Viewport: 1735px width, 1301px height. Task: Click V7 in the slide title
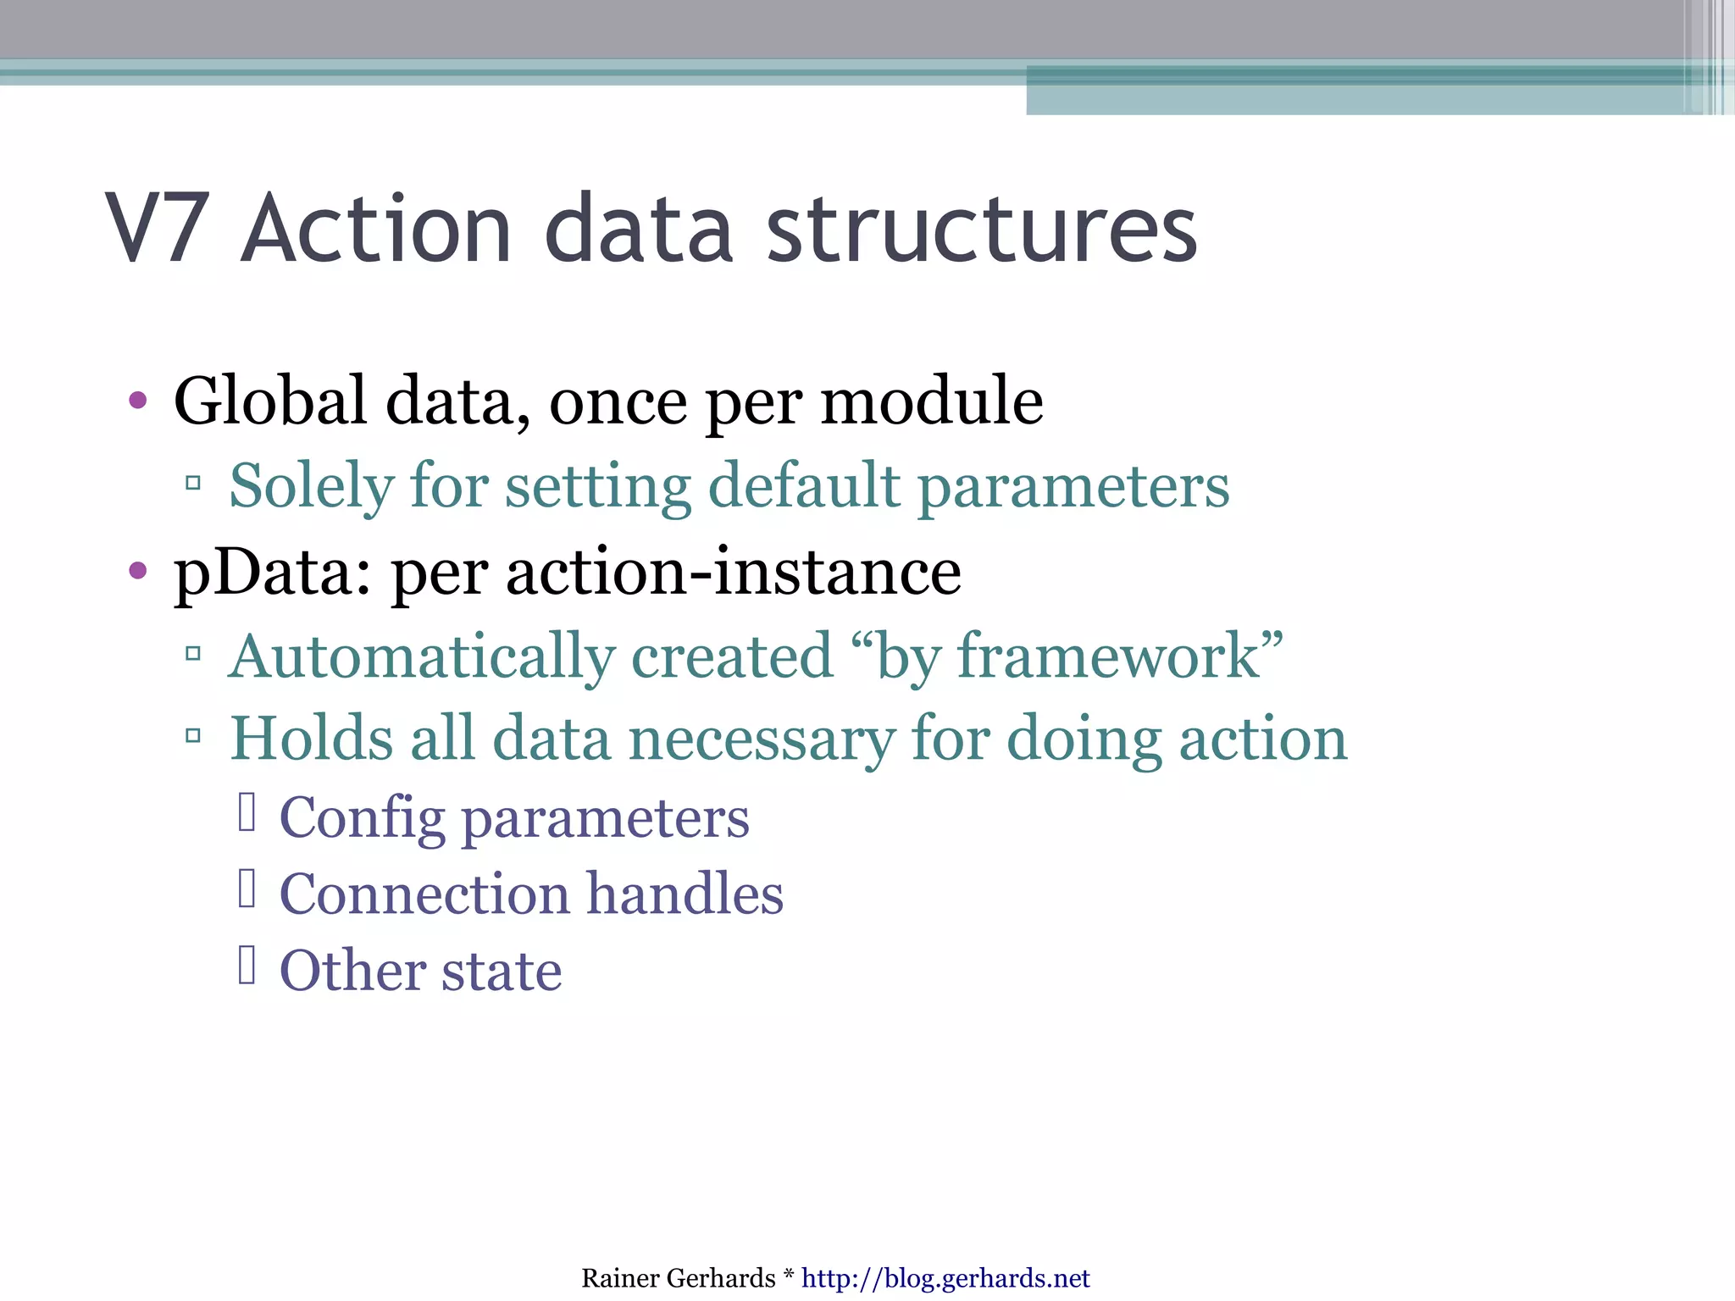click(158, 229)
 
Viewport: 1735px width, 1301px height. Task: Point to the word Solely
click(311, 488)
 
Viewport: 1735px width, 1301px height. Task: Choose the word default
click(803, 486)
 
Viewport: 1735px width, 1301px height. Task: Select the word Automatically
click(420, 657)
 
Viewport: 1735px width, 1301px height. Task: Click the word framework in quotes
click(1108, 656)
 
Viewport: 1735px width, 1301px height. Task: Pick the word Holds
click(311, 739)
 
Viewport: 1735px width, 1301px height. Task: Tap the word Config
click(362, 819)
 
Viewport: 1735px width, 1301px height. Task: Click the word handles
click(685, 894)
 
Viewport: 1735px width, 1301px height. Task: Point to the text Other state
click(420, 971)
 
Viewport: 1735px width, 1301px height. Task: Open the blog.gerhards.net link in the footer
click(945, 1278)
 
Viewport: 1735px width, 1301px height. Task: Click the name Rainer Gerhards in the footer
click(678, 1278)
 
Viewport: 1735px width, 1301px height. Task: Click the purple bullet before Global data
click(138, 401)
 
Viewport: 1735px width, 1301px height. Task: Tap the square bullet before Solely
click(193, 484)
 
